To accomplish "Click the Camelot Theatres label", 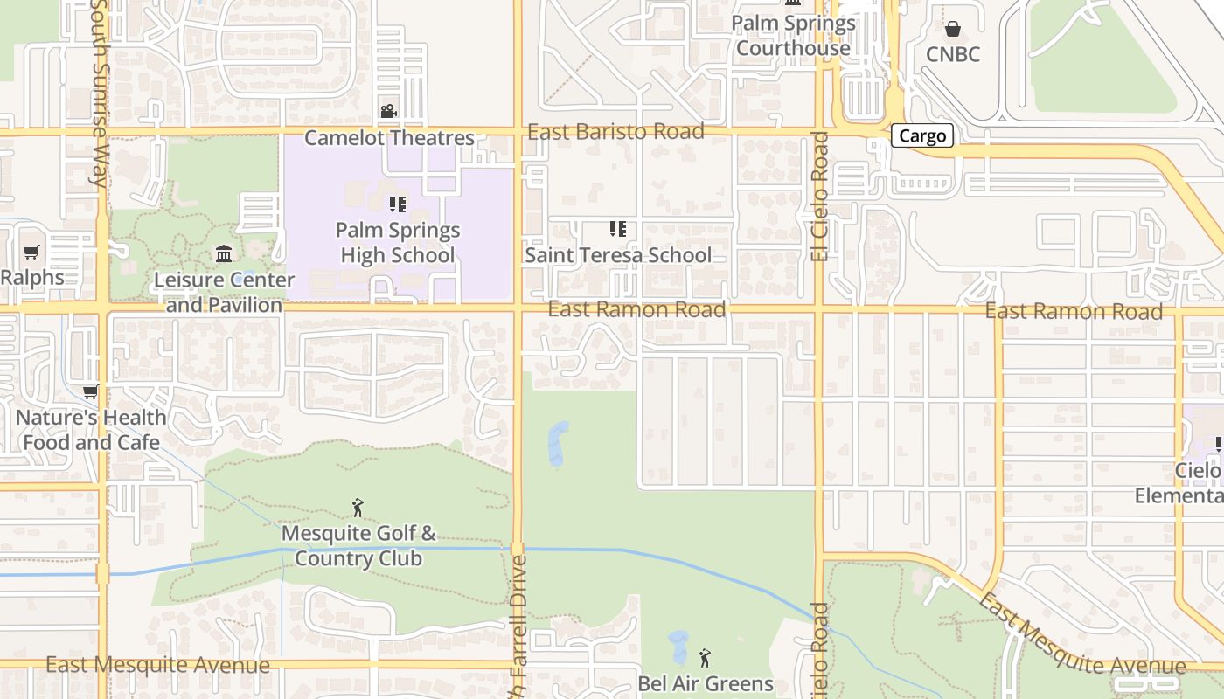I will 389,138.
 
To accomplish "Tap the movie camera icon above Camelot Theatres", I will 388,112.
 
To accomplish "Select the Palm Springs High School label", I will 398,243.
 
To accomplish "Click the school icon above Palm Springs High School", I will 398,204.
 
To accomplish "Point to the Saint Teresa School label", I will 618,255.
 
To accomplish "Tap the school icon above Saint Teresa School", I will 618,229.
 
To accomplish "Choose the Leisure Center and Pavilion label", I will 224,292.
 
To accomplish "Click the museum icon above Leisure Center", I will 224,253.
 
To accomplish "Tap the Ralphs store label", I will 32,278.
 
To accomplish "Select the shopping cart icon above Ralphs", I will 32,253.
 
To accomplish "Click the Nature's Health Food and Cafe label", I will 91,430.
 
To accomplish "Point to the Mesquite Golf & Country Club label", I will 358,545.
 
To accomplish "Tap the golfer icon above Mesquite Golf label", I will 358,508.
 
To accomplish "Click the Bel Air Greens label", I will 706,683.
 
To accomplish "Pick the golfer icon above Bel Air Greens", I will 706,656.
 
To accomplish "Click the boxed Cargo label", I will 921,135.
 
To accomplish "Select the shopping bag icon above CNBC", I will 953,29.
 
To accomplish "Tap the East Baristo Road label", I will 616,131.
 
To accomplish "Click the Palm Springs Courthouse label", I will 793,35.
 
